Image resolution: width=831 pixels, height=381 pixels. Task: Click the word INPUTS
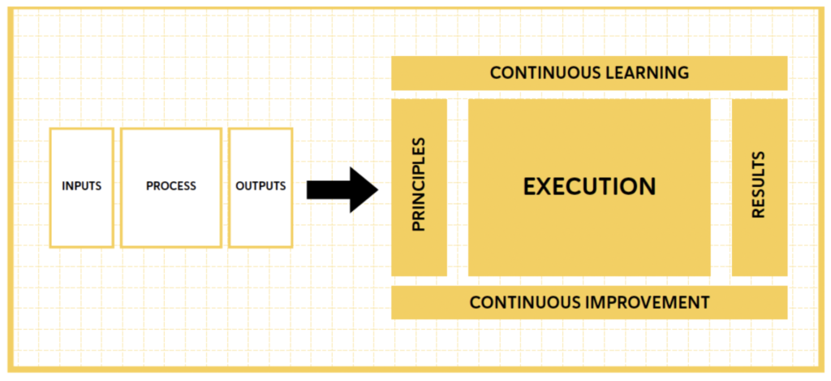[x=81, y=186]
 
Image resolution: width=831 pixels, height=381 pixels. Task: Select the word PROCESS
[x=170, y=186]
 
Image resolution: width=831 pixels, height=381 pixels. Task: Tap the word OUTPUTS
[x=260, y=186]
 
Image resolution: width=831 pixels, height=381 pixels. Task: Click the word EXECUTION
[x=589, y=186]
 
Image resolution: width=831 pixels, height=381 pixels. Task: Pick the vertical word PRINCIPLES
[x=419, y=184]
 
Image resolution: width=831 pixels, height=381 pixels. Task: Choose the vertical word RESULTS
[x=759, y=184]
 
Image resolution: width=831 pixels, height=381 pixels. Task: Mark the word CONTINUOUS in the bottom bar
[x=525, y=303]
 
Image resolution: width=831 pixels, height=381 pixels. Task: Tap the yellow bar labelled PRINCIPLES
[x=419, y=252]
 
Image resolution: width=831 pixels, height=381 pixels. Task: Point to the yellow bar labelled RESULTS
[x=759, y=252]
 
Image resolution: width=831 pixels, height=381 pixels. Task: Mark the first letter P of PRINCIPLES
[x=419, y=226]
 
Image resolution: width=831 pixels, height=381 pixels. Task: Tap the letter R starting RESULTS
[x=759, y=213]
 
